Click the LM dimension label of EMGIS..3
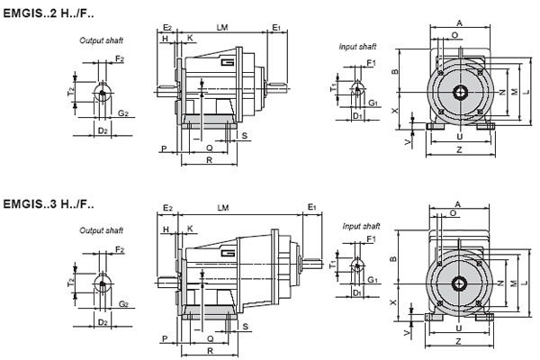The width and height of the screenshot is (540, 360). coord(222,208)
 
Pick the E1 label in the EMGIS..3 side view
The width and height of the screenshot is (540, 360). coord(311,208)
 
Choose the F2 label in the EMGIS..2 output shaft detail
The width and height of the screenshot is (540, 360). coord(120,58)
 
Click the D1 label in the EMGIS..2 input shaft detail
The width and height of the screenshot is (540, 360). coord(357,116)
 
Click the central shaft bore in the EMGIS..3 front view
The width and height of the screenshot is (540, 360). coord(460,281)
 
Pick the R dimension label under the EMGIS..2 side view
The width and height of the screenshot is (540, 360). coord(208,159)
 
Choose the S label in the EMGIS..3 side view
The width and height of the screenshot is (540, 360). coord(246,328)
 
